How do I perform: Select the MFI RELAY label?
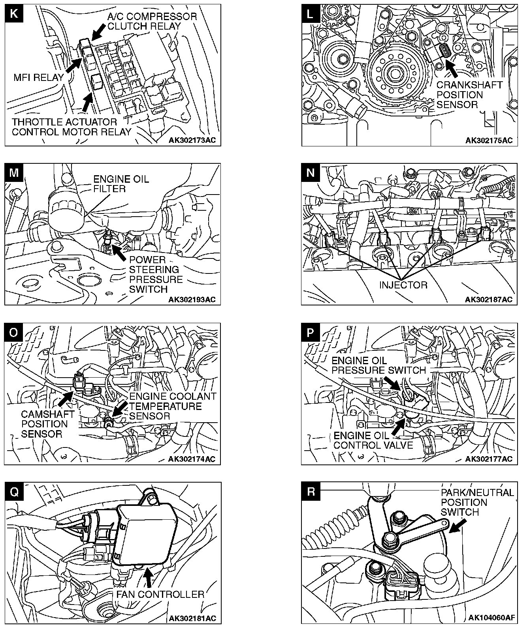coord(39,77)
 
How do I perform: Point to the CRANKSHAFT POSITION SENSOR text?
coord(469,95)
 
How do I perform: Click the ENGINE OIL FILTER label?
coord(121,184)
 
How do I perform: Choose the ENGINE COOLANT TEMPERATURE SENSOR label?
coord(173,406)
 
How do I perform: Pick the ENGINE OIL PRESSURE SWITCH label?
coord(378,365)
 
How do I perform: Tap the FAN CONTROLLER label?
coord(160,594)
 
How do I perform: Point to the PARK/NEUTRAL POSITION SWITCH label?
coord(477,502)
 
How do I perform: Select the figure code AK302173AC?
coord(192,140)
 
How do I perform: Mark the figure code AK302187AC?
coord(489,300)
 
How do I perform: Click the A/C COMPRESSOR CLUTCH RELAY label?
coord(152,21)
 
